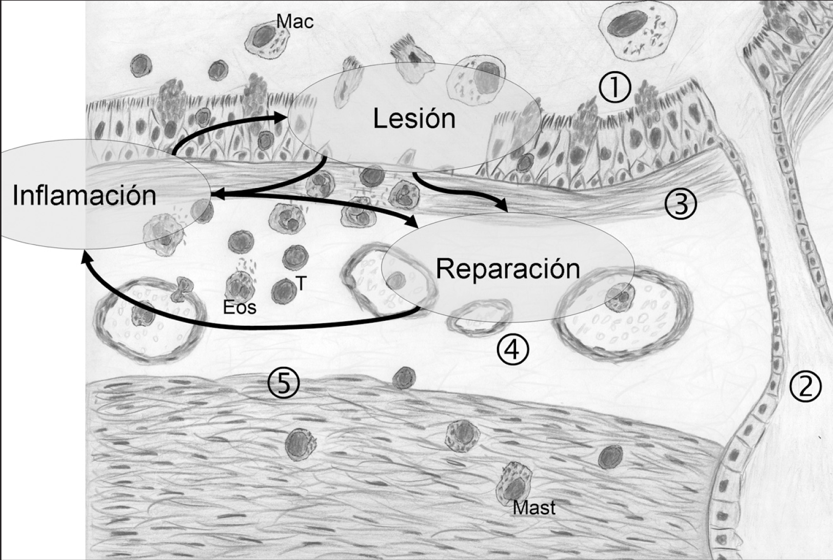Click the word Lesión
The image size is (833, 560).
tap(414, 119)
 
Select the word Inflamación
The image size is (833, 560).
tap(85, 196)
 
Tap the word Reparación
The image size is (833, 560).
tap(507, 268)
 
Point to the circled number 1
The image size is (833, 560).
tap(614, 88)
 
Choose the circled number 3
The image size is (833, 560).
tap(680, 204)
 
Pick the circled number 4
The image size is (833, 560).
tap(512, 350)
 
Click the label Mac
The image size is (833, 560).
tap(294, 22)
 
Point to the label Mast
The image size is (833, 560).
tap(534, 508)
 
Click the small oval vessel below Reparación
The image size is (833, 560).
tap(480, 317)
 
